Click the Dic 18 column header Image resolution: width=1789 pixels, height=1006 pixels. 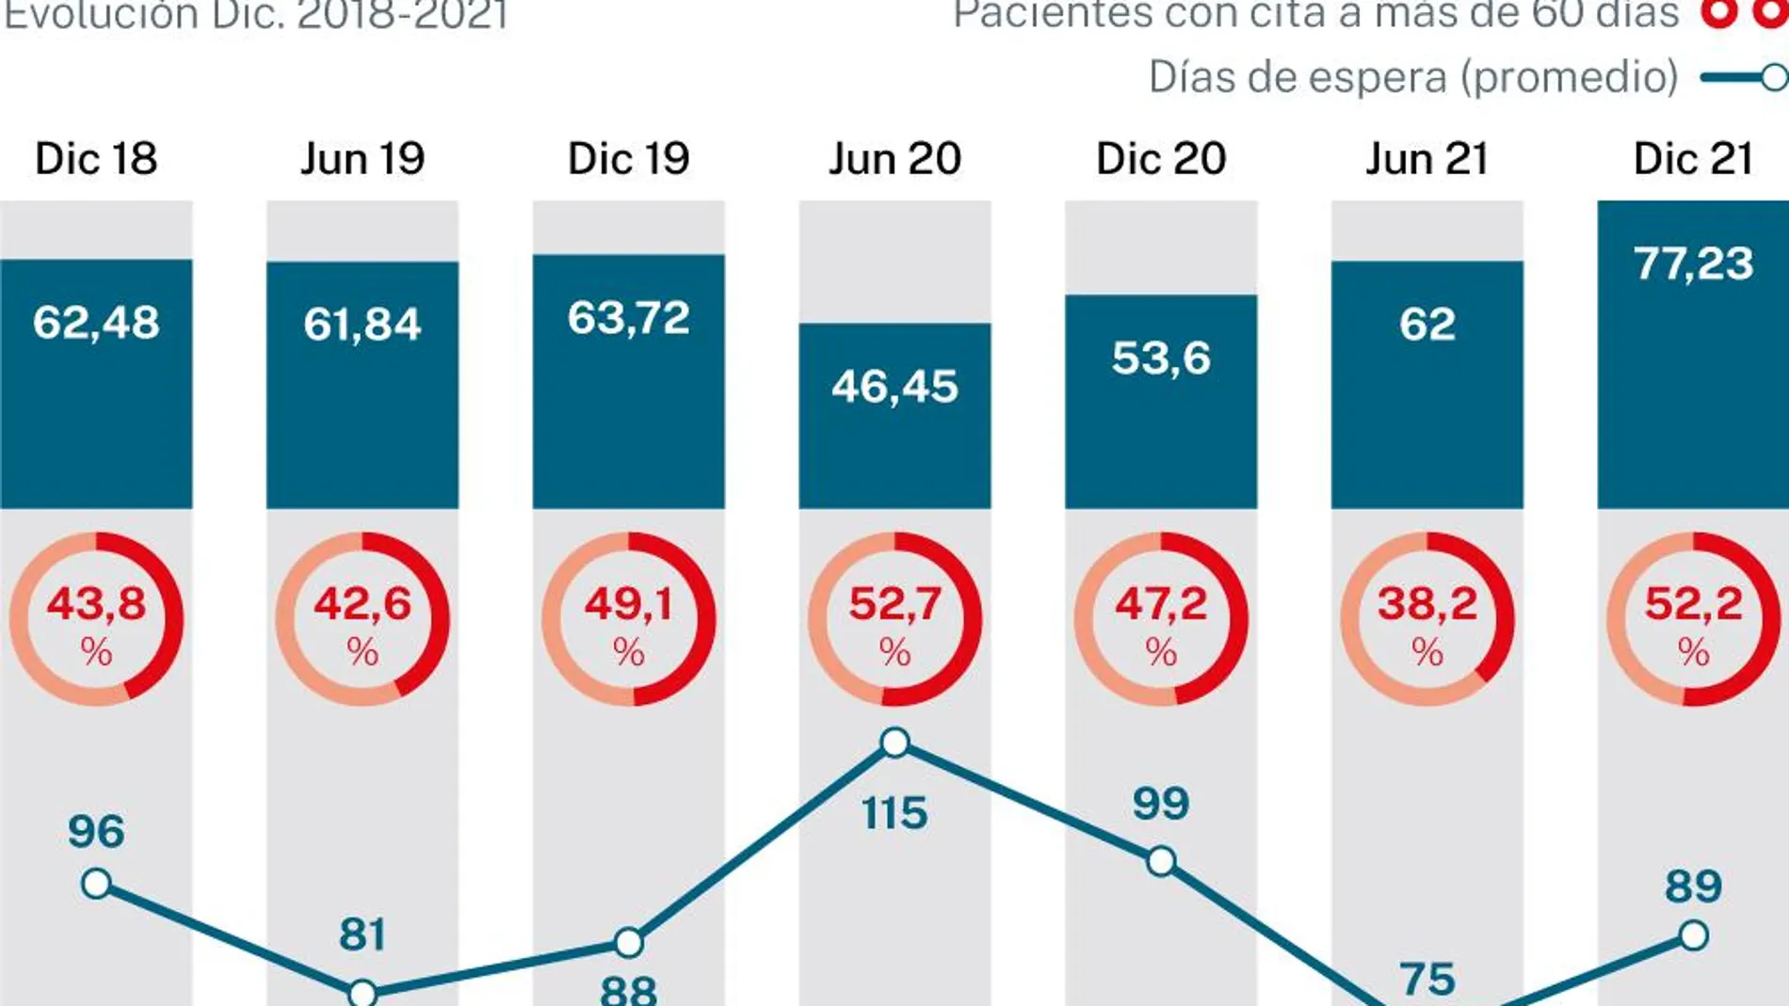(96, 158)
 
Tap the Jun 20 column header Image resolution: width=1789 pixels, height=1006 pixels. (894, 158)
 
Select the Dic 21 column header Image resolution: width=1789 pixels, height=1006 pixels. (1693, 158)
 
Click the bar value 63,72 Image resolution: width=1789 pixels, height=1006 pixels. (628, 318)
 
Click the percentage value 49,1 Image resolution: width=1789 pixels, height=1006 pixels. (628, 603)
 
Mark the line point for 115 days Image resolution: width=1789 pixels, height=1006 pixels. (894, 743)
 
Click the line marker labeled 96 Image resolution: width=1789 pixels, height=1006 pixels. (96, 884)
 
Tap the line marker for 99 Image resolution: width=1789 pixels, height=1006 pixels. (1161, 861)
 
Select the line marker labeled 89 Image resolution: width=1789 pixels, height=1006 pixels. (1693, 935)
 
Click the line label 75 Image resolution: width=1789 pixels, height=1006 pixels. (1427, 980)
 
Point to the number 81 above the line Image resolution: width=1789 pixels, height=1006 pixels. (363, 934)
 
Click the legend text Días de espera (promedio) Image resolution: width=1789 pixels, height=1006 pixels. (1413, 77)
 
